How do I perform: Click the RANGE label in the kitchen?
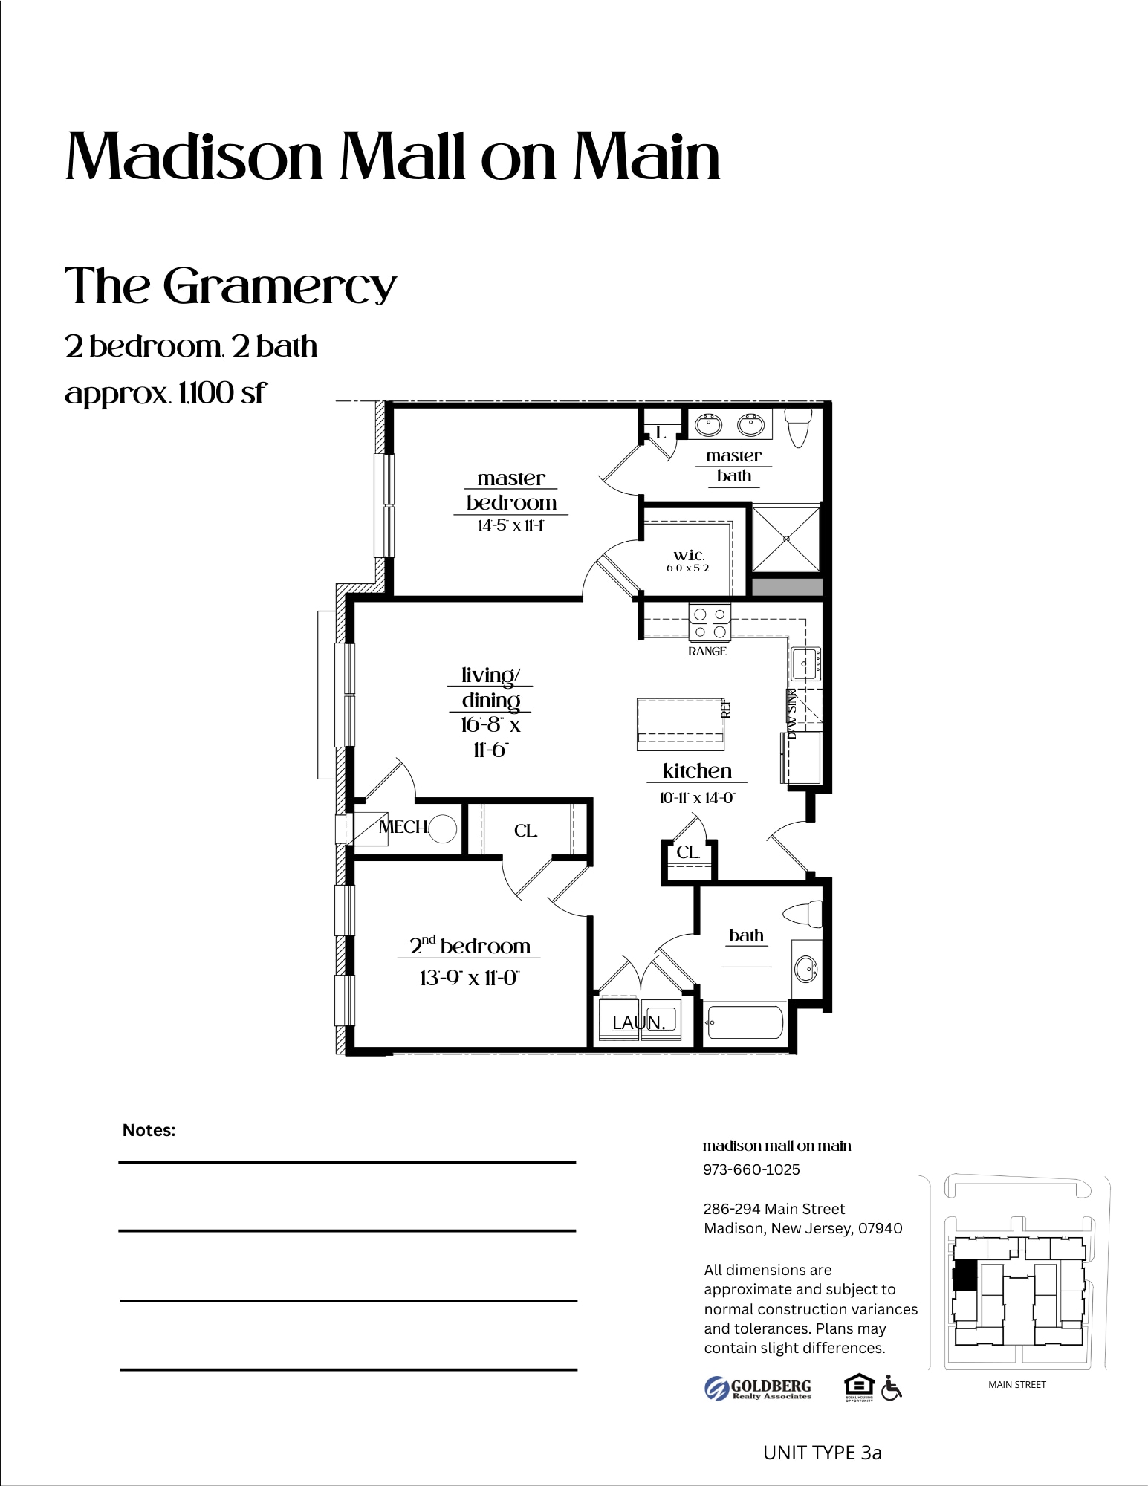707,652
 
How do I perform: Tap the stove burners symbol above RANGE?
710,623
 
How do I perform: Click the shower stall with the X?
786,539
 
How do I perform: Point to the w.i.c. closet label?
688,556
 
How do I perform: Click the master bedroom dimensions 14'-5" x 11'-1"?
511,526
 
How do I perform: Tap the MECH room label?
403,827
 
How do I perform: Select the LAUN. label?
638,1023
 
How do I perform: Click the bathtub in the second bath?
745,1023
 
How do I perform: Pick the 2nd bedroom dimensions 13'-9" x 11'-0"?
469,978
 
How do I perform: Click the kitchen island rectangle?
681,722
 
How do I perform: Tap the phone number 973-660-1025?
751,1169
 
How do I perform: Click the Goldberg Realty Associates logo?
758,1388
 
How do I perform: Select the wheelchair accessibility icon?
891,1387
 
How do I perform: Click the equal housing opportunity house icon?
859,1386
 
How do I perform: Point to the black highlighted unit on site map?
964,1276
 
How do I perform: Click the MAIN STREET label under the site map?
1016,1384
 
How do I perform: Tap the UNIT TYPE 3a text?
822,1453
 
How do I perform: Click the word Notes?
149,1130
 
